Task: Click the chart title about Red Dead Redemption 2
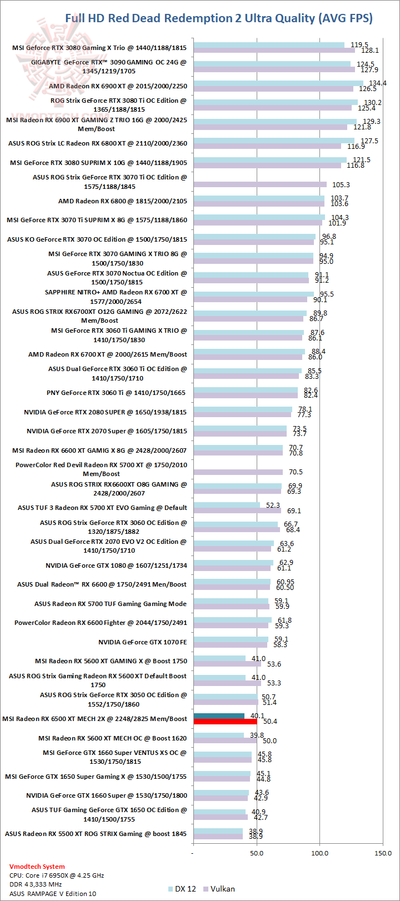point(219,18)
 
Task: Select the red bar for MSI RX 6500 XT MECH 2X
point(225,722)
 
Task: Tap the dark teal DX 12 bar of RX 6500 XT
point(219,716)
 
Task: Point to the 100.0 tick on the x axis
point(319,853)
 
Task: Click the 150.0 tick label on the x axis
point(383,853)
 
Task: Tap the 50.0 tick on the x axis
point(256,853)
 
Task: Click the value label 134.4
point(378,83)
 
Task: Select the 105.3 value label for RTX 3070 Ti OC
point(341,185)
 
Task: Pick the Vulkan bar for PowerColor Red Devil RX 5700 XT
point(238,472)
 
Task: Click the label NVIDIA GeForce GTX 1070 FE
point(143,642)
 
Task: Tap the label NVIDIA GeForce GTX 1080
point(116,565)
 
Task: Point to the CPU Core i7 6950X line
point(57,875)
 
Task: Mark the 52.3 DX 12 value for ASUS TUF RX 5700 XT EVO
point(273,505)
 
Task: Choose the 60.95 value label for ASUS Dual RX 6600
point(285,582)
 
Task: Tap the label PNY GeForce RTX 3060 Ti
point(117,393)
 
